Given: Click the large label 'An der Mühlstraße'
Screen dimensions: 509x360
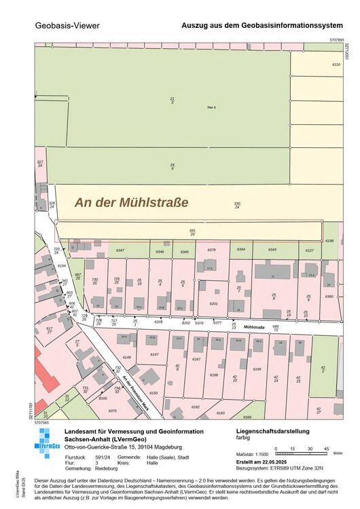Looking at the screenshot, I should click(x=131, y=202).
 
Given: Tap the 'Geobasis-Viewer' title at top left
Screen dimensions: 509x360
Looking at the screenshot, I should click(x=67, y=26).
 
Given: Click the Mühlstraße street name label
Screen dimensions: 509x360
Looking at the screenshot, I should click(x=253, y=327).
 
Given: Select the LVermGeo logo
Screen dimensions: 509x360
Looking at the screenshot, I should click(x=47, y=445).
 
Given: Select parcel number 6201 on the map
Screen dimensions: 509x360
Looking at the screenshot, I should click(x=213, y=304).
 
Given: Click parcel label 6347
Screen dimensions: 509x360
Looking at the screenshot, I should click(x=120, y=251).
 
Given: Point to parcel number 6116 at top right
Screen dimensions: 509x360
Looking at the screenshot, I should click(x=336, y=64).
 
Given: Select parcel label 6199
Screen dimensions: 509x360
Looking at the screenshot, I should click(x=257, y=369).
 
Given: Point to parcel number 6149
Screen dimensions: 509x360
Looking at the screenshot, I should click(x=126, y=357).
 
